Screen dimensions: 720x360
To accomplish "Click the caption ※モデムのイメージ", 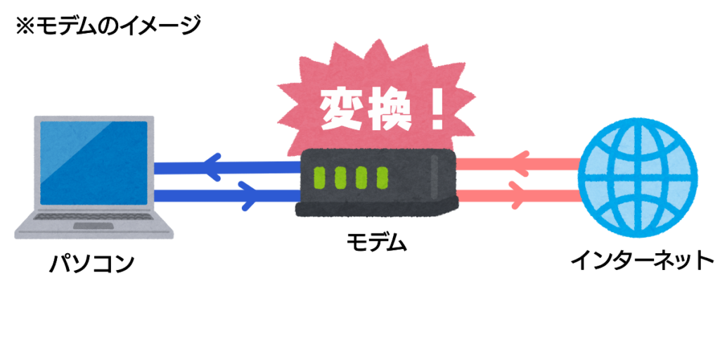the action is point(108,26).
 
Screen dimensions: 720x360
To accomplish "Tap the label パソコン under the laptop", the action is point(92,264).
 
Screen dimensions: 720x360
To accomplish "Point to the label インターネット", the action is point(642,260).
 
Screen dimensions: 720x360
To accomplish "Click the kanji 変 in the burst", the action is point(342,109).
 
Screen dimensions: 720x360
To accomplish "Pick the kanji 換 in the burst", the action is point(388,109).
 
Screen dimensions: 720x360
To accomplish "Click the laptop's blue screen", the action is point(94,162).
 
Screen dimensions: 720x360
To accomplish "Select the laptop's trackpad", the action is point(94,226).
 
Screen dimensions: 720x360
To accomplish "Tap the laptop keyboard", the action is point(94,216).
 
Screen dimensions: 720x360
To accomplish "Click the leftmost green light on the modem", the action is point(319,178).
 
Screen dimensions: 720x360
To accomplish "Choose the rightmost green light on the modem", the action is point(382,178).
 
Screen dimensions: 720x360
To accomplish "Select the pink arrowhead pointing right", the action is point(517,195).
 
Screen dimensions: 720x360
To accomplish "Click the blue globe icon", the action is point(637,178).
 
